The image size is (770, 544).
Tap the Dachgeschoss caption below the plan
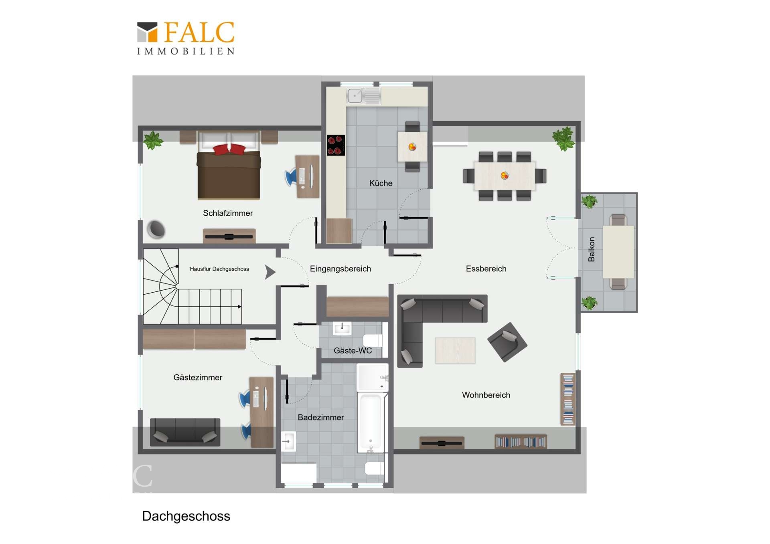pos(186,516)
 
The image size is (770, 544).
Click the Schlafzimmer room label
pos(228,213)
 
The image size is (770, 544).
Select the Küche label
pos(381,183)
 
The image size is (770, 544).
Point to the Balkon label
pos(591,249)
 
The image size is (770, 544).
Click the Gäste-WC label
pos(353,350)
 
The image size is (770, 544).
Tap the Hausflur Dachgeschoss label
pos(219,269)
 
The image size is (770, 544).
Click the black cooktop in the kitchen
pos(336,145)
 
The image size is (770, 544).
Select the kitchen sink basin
pos(355,96)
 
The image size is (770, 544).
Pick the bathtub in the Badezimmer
pos(371,423)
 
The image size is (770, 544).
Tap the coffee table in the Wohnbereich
pos(455,350)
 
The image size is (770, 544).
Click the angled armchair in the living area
pos(507,342)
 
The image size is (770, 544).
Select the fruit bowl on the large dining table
pos(505,176)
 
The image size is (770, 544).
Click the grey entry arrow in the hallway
pos(270,272)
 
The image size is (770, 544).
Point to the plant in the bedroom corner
pos(153,140)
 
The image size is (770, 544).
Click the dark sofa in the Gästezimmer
pos(185,432)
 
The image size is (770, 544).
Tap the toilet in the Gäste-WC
pos(373,341)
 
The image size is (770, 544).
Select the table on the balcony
pos(618,251)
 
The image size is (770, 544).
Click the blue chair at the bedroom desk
pos(291,177)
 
